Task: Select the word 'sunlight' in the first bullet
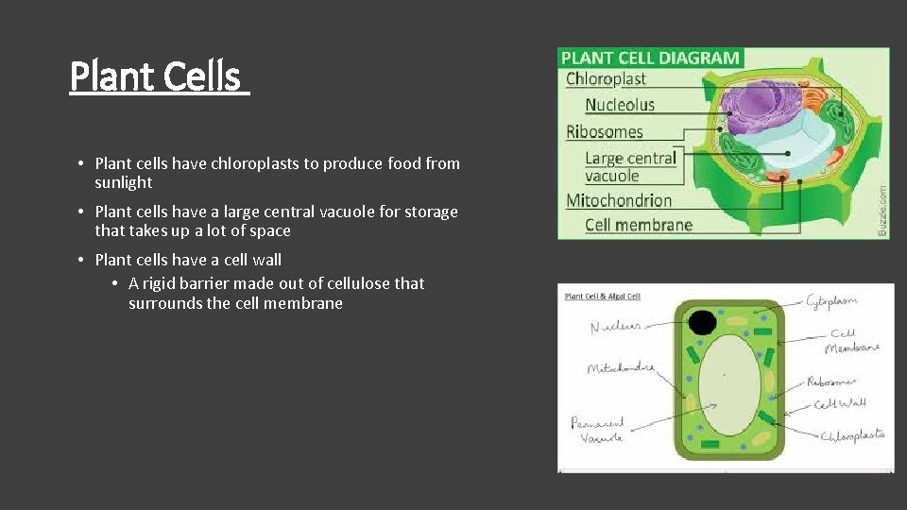coord(123,182)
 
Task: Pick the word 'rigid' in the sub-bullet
coord(165,283)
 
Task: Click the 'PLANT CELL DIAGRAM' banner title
coord(650,58)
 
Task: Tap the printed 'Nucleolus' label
coord(620,105)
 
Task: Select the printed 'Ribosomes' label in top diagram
coord(605,132)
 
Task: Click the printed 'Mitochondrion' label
coord(619,200)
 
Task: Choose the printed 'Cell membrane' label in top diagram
coord(639,225)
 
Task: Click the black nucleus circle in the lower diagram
coord(702,323)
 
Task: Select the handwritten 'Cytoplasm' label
coord(831,301)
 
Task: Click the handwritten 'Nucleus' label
coord(616,327)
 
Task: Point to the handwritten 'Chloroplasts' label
coord(852,435)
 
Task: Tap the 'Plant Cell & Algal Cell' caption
coord(602,297)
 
